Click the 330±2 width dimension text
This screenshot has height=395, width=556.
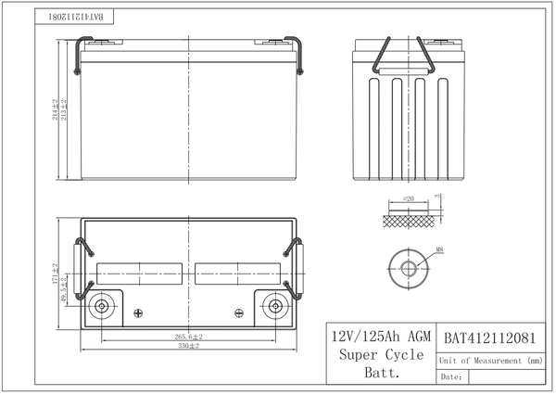(190, 345)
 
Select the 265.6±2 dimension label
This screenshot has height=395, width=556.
(189, 336)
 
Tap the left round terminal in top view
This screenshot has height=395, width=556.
(102, 306)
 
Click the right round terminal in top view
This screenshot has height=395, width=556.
(275, 306)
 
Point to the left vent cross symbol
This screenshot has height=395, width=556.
(139, 312)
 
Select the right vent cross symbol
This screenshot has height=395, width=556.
(239, 312)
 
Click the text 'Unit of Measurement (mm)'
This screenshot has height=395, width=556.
(490, 360)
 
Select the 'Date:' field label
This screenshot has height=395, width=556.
(451, 377)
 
